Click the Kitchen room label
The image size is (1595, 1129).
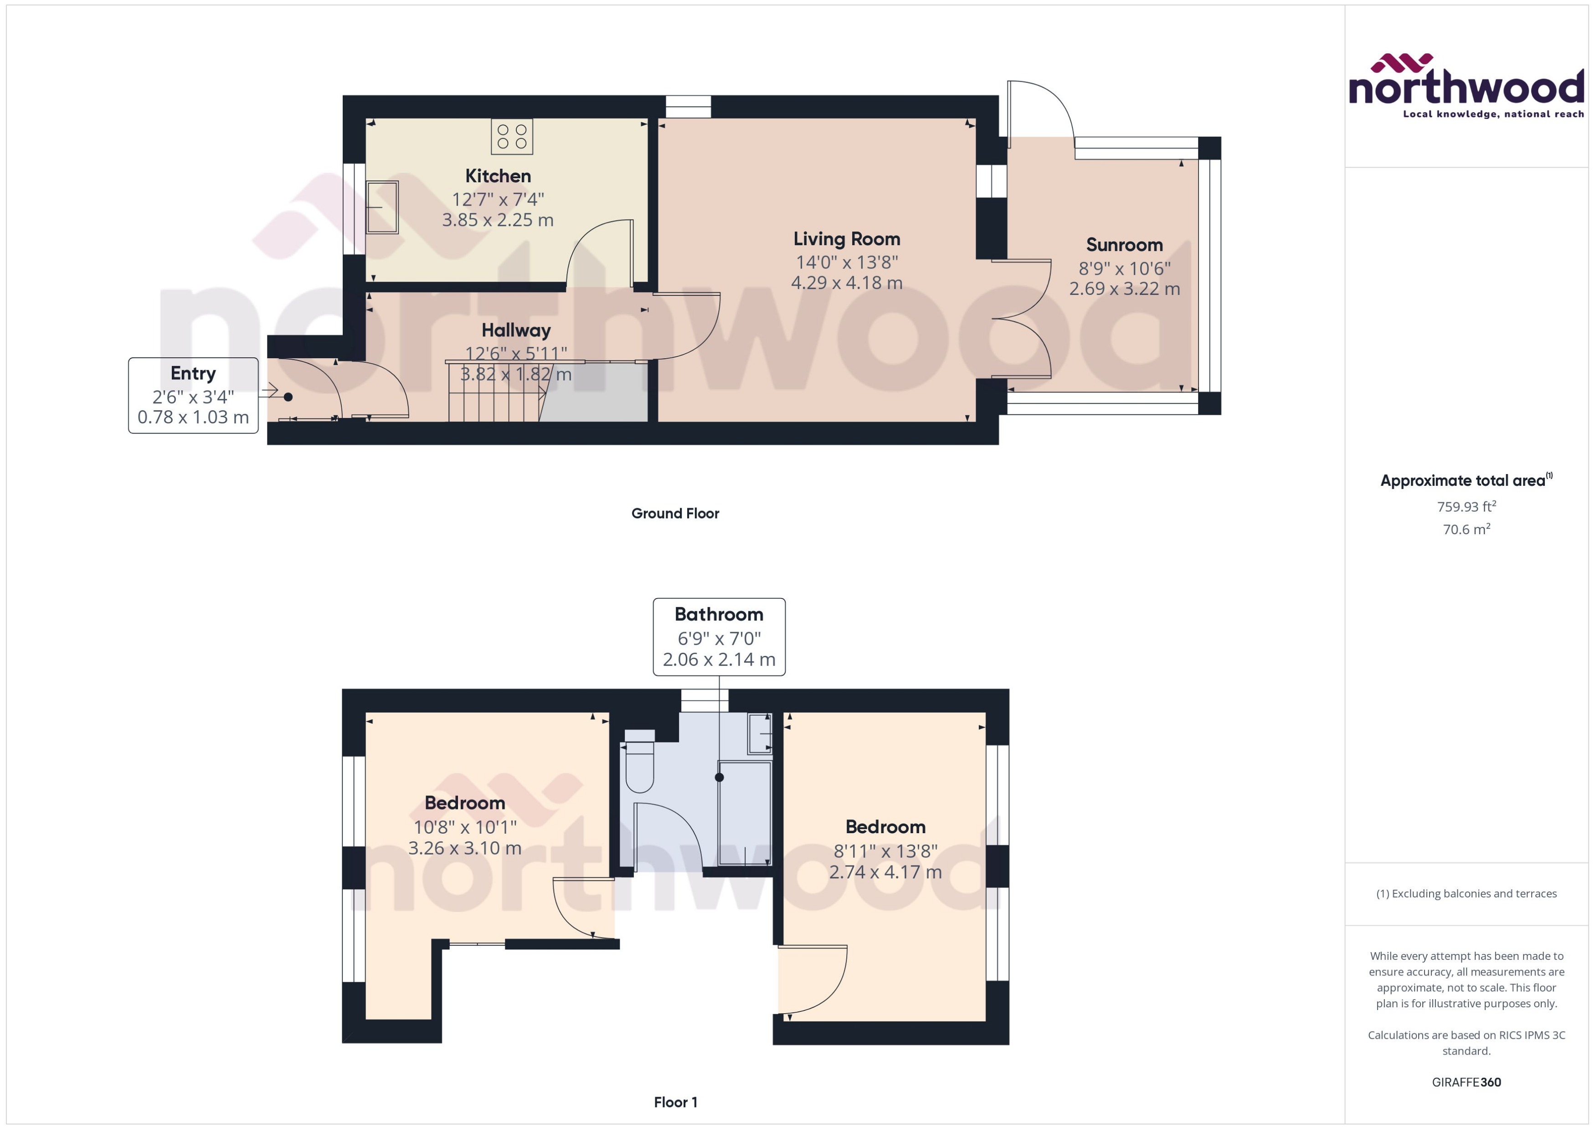coord(498,176)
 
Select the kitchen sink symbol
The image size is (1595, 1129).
coord(381,207)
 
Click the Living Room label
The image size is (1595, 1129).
coord(847,239)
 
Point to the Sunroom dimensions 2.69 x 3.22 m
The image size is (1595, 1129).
coord(1124,289)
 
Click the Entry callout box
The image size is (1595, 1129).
coord(193,395)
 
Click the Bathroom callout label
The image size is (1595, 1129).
coord(719,614)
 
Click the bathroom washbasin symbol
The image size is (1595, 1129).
coord(759,733)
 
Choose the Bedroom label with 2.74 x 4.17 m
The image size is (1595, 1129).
coord(885,872)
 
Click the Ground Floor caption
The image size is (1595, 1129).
coord(675,514)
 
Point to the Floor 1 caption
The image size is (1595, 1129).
coord(675,1102)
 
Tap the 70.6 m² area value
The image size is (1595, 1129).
coord(1466,530)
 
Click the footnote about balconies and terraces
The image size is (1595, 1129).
coord(1466,894)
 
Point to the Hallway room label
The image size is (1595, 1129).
coord(516,330)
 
